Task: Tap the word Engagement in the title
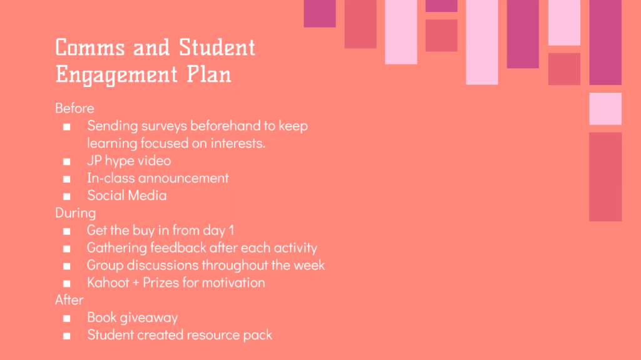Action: pos(116,75)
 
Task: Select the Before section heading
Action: pos(75,108)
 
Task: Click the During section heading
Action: pos(76,213)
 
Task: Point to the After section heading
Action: pos(69,300)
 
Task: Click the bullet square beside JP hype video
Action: pos(66,162)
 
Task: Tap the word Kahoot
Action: pos(108,283)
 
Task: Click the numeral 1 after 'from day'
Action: pos(232,230)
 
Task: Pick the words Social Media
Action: pos(126,195)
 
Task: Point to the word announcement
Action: pos(183,178)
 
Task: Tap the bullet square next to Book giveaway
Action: pos(66,318)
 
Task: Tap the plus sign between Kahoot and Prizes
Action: pos(136,283)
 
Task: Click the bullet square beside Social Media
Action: pos(66,197)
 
